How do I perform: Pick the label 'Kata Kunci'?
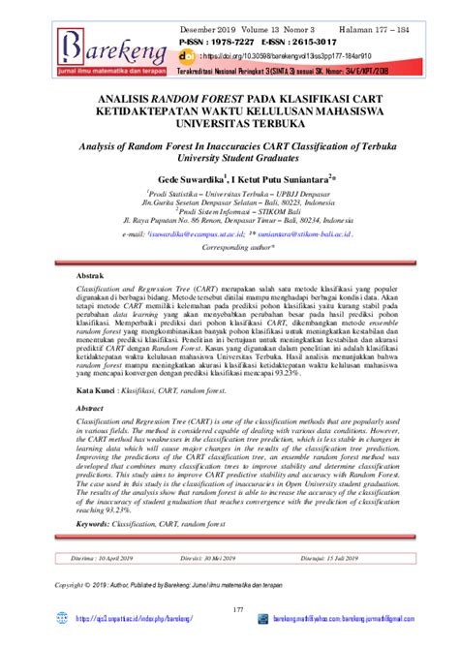[x=97, y=389]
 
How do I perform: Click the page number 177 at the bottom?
[x=229, y=609]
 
